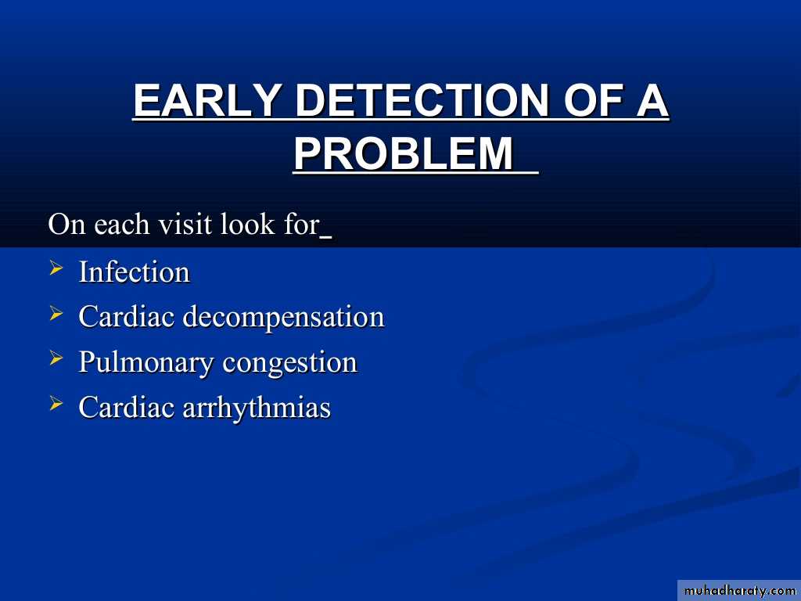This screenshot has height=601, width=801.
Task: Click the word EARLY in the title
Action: [207, 100]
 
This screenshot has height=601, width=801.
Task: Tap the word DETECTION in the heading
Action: [422, 100]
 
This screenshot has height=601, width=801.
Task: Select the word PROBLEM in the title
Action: [404, 153]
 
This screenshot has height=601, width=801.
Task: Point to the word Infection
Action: [135, 272]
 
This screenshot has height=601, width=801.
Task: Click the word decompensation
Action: [283, 317]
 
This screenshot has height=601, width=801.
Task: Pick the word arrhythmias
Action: [257, 408]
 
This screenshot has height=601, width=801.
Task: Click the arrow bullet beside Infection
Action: [56, 268]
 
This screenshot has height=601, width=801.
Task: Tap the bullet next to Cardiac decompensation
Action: [56, 313]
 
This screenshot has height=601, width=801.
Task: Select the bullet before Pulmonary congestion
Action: [56, 358]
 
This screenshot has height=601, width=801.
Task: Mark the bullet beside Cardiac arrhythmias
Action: [56, 404]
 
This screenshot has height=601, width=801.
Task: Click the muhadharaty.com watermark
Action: [739, 591]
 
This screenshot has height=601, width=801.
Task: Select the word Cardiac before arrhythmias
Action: [126, 408]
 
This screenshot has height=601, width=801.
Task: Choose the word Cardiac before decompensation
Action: [126, 317]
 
